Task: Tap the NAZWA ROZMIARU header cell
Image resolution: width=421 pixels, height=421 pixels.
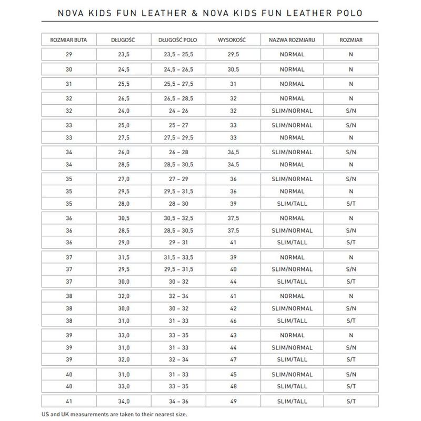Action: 292,39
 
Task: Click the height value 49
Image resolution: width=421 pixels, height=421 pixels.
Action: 234,400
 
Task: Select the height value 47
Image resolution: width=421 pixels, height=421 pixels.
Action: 234,359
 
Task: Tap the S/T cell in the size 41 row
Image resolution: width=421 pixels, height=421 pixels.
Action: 350,400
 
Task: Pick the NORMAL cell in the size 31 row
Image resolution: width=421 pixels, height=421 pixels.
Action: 292,84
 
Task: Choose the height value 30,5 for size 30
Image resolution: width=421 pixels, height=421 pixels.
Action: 234,69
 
